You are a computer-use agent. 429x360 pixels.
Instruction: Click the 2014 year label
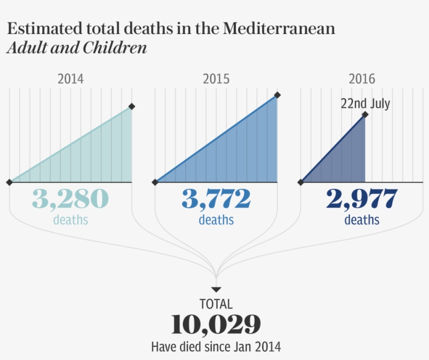[x=71, y=79]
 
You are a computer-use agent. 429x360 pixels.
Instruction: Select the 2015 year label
[x=216, y=79]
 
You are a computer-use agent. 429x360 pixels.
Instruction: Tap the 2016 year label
[x=362, y=79]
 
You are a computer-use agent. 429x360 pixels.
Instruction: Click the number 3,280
[x=71, y=199]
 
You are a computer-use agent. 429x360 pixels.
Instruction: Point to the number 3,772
[x=216, y=199]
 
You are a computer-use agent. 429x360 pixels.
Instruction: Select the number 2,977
[x=362, y=199]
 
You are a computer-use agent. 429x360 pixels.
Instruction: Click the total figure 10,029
[x=216, y=325]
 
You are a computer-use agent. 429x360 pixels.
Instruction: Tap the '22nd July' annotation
[x=365, y=104]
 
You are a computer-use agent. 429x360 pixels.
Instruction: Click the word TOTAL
[x=216, y=304]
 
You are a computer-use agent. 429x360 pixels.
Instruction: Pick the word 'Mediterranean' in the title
[x=279, y=28]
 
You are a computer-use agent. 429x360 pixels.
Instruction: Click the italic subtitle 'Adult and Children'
[x=77, y=48]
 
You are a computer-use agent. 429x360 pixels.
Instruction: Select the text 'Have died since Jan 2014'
[x=216, y=346]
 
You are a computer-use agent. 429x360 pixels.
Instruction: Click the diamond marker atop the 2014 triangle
[x=132, y=107]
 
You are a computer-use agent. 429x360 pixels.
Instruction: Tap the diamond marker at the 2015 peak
[x=277, y=95]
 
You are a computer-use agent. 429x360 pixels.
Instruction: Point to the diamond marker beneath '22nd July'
[x=365, y=114]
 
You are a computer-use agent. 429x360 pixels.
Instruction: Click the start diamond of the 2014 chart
[x=9, y=182]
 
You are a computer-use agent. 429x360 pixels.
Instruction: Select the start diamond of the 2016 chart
[x=301, y=182]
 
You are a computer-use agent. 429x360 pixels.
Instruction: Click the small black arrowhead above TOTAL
[x=216, y=289]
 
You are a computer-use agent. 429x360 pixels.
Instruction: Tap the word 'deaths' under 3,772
[x=216, y=220]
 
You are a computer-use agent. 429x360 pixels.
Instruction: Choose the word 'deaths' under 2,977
[x=362, y=220]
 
